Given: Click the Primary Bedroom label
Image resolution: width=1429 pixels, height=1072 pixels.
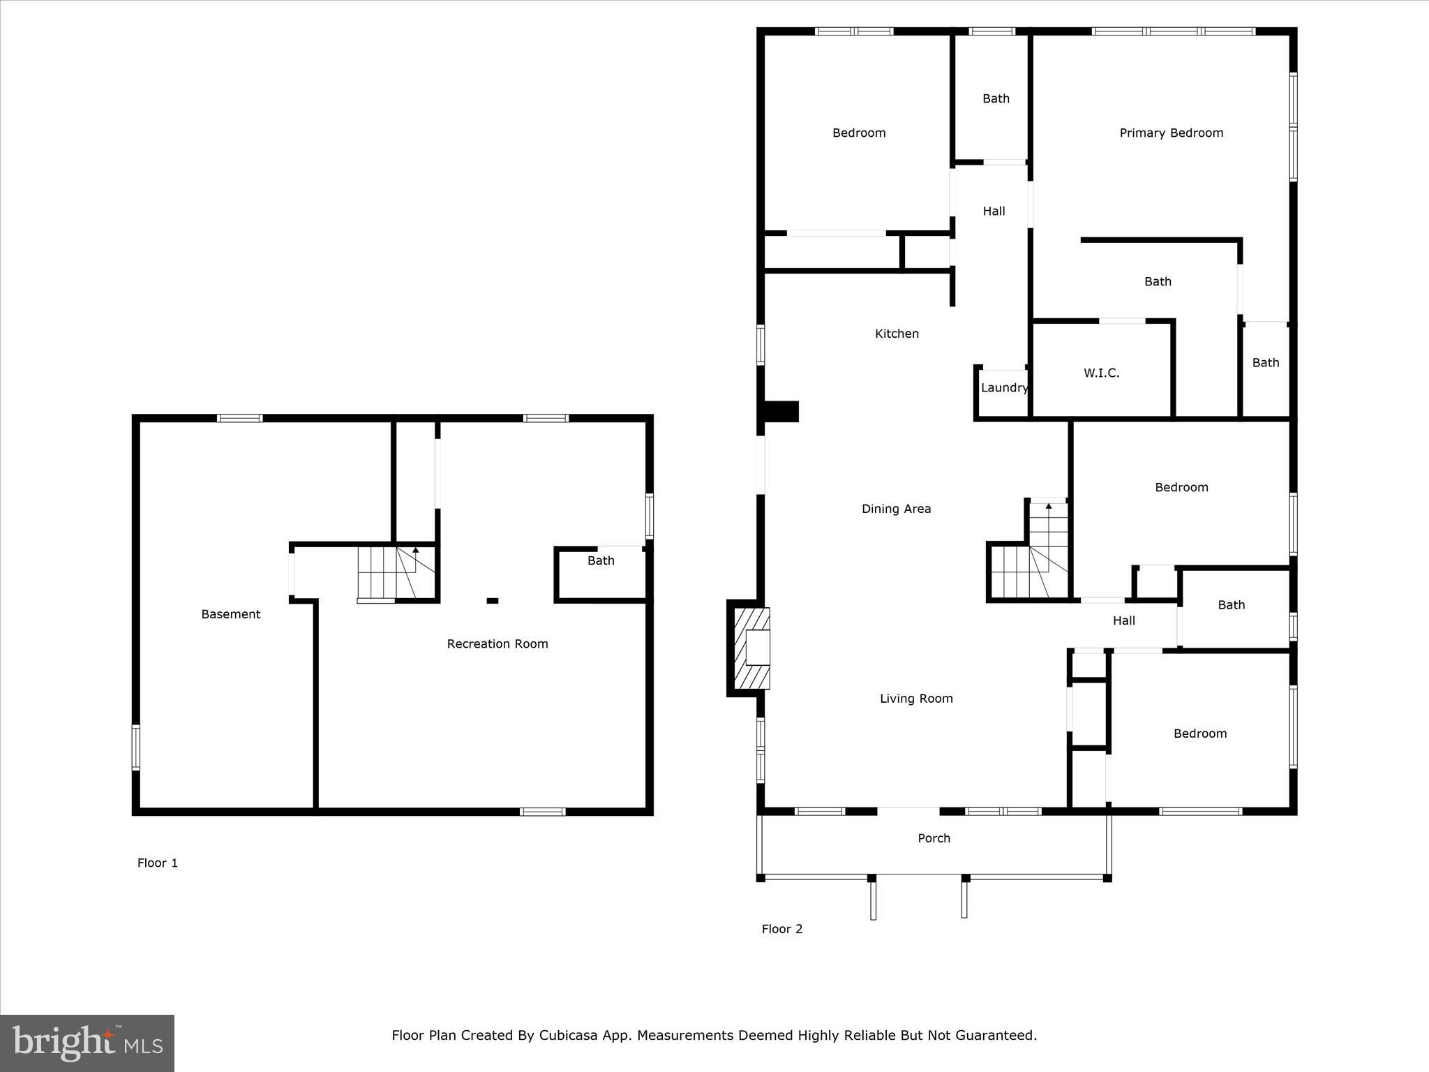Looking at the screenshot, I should point(1171,133).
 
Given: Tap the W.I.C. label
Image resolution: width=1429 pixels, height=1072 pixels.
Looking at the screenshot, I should point(1101,373).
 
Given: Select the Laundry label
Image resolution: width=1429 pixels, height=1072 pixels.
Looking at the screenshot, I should point(1004,388).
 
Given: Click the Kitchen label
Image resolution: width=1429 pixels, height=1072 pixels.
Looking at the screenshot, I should point(897,334).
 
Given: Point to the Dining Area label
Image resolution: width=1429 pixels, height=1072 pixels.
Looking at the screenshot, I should point(896,509).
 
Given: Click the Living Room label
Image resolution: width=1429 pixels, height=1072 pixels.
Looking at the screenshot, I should point(915,699).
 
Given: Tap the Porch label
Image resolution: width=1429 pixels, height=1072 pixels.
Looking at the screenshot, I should point(934,838).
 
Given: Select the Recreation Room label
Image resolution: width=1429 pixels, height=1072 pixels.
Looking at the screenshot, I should point(497,644).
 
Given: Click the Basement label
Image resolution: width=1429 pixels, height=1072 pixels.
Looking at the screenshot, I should point(230,614).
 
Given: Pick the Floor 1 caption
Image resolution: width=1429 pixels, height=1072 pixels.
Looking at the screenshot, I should point(157,863).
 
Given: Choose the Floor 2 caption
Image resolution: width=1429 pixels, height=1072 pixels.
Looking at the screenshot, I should point(781,929).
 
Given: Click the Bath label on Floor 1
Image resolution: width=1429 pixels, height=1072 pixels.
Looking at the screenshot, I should point(600,560).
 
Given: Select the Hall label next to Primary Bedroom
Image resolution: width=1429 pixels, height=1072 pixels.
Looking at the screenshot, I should point(994,211).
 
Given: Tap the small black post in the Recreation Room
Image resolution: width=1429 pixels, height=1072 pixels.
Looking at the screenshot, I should point(493,600).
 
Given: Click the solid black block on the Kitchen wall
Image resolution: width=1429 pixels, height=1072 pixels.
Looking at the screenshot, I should point(781,411).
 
